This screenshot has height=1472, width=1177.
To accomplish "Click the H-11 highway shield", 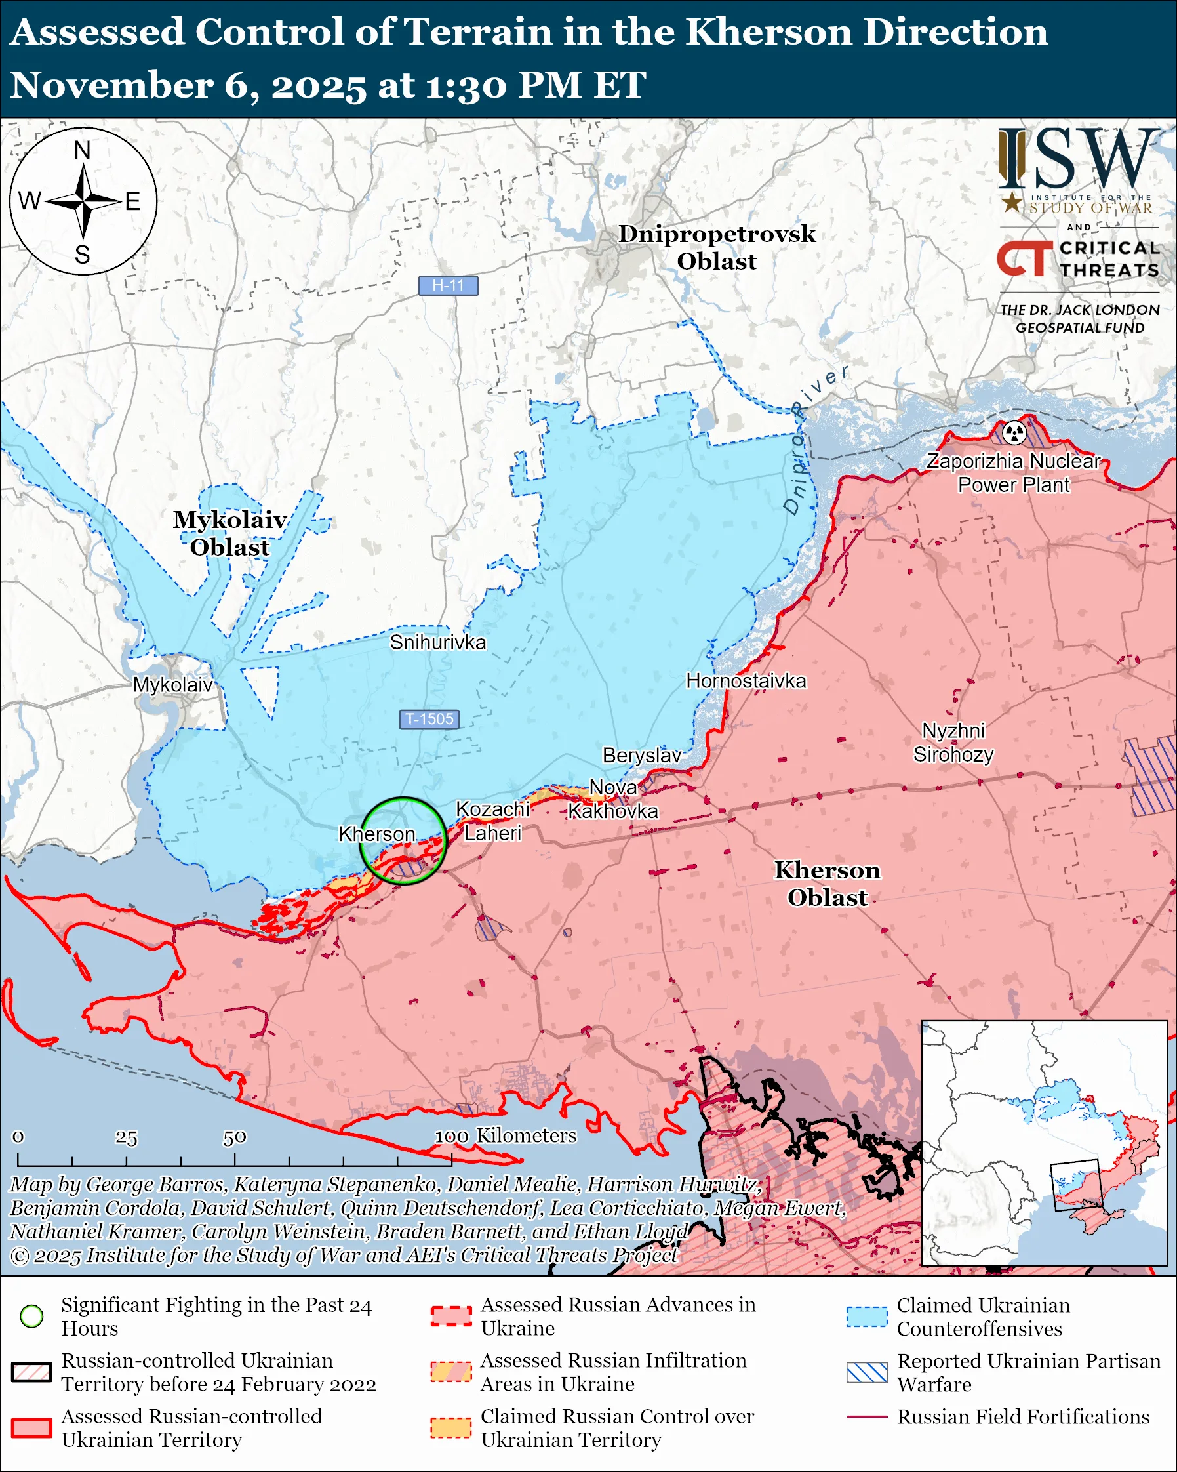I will point(448,285).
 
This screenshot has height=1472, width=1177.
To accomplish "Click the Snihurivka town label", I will point(437,642).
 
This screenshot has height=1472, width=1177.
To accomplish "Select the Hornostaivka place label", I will point(746,681).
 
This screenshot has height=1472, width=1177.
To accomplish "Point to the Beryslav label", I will point(641,755).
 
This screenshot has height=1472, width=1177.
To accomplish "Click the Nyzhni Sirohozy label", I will point(953,743).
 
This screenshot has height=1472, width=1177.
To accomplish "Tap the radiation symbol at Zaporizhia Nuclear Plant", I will point(1014,432).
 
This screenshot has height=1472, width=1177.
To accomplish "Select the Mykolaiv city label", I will point(172,685).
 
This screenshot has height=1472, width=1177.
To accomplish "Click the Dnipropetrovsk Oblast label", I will point(717,247).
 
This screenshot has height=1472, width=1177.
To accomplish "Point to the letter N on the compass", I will point(83,150).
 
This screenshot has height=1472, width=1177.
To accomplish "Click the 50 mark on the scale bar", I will point(234,1137).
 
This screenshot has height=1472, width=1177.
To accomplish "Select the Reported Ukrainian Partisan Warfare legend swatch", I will point(867,1372).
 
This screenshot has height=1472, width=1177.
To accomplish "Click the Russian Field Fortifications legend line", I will point(867,1417).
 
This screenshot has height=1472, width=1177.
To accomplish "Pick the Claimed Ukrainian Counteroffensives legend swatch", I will point(867,1317).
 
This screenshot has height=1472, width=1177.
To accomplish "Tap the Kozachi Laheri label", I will point(492,821).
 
